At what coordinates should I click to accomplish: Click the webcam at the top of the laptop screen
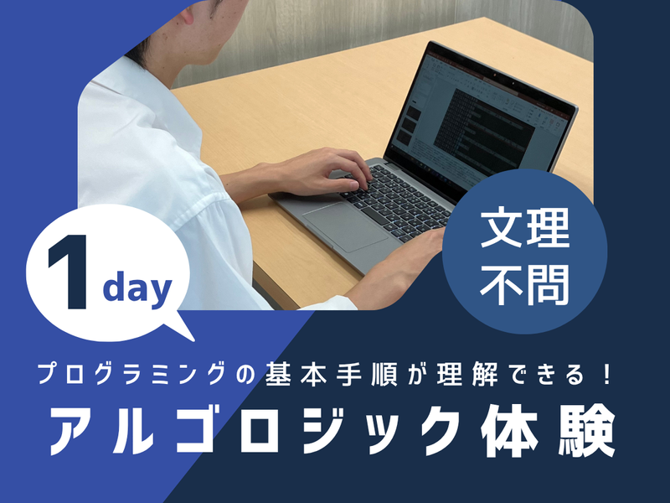click(x=494, y=75)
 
